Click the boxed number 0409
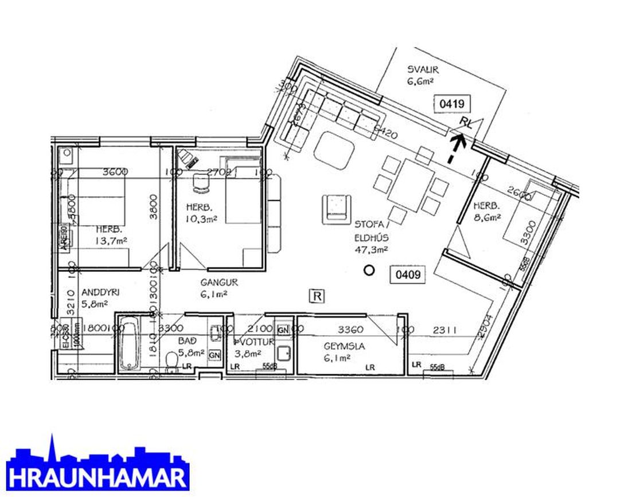point(408,275)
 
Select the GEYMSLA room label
point(344,346)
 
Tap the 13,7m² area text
point(111,241)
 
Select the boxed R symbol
point(317,296)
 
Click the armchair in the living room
point(337,207)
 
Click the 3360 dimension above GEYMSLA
point(351,329)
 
